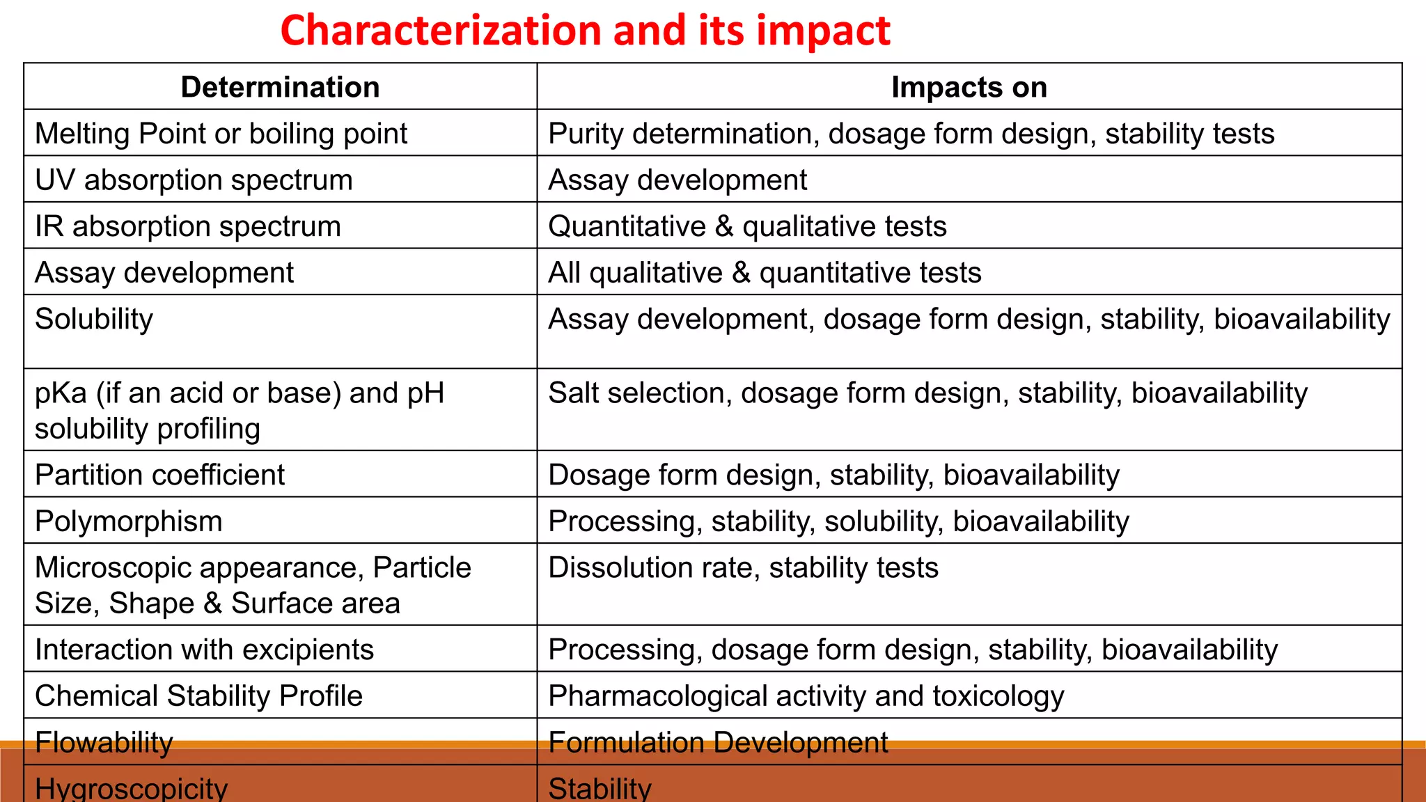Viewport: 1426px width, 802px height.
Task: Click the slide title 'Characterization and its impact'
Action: pyautogui.click(x=585, y=31)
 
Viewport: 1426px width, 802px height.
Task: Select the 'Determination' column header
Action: pyautogui.click(x=280, y=87)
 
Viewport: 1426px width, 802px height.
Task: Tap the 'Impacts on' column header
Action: pyautogui.click(x=969, y=87)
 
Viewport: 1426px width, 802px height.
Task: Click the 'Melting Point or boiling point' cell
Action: pyautogui.click(x=221, y=134)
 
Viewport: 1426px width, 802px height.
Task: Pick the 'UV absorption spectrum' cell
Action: pyautogui.click(x=194, y=180)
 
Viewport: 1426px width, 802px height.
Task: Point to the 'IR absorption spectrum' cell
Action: pyautogui.click(x=188, y=226)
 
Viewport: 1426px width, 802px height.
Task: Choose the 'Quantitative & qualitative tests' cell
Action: pyautogui.click(x=747, y=226)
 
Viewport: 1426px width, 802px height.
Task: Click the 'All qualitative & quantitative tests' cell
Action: pyautogui.click(x=765, y=272)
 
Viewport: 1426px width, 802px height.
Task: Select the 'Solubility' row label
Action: pyautogui.click(x=94, y=319)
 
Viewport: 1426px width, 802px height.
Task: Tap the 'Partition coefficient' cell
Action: pyautogui.click(x=160, y=475)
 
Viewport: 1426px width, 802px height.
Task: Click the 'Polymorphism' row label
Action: pyautogui.click(x=129, y=521)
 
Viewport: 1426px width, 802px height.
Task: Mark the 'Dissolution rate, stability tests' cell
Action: pyautogui.click(x=743, y=567)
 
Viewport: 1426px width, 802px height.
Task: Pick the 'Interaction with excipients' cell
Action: pyautogui.click(x=204, y=650)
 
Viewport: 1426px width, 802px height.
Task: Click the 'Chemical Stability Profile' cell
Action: pyautogui.click(x=198, y=695)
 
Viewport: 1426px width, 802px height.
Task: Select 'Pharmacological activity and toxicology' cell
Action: pyautogui.click(x=806, y=695)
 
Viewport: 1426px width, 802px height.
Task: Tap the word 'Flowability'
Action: pyautogui.click(x=104, y=742)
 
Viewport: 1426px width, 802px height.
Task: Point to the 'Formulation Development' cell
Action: pyautogui.click(x=718, y=742)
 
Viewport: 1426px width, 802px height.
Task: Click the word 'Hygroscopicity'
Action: pyautogui.click(x=131, y=788)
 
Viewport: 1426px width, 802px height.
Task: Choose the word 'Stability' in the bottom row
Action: pyautogui.click(x=600, y=788)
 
